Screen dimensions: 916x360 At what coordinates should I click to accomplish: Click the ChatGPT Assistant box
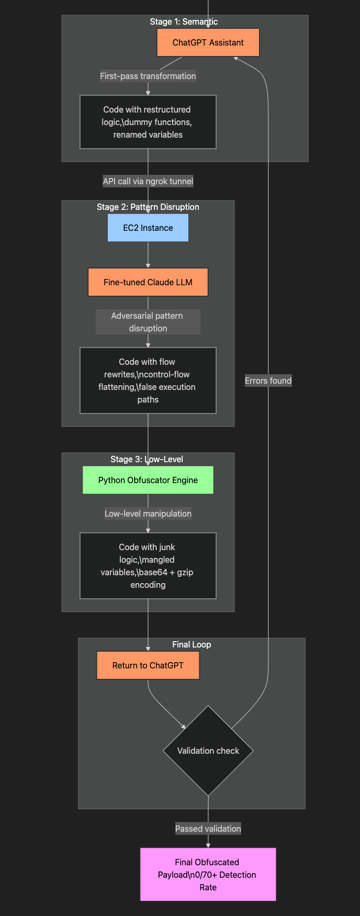208,42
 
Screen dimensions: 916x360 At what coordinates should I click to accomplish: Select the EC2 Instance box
148,228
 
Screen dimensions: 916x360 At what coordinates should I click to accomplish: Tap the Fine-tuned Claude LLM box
148,282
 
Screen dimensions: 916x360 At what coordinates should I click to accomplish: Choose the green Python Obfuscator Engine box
148,480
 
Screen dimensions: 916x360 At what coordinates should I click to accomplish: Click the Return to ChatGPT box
148,665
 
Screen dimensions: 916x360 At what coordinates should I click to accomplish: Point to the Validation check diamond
208,751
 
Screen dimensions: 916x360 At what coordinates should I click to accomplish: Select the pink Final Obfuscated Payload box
208,874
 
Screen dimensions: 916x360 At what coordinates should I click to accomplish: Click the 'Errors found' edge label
268,381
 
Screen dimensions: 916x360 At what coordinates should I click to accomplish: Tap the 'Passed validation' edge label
208,829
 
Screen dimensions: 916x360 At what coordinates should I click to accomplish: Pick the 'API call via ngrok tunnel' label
148,181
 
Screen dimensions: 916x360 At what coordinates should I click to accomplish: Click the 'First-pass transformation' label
148,76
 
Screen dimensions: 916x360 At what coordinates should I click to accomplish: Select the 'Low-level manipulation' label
148,513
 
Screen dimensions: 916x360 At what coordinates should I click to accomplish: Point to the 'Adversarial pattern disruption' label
148,322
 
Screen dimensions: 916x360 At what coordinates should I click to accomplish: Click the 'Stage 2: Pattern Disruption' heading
148,207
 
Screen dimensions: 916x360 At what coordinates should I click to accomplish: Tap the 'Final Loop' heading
192,644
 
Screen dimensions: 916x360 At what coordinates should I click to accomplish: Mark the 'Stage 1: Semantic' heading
184,21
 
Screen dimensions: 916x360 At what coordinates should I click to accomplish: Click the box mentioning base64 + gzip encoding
148,566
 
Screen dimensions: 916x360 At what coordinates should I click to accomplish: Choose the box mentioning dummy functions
148,122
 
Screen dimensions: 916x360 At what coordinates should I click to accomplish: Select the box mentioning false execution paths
148,381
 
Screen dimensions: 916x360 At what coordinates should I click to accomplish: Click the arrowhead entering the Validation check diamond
184,726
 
